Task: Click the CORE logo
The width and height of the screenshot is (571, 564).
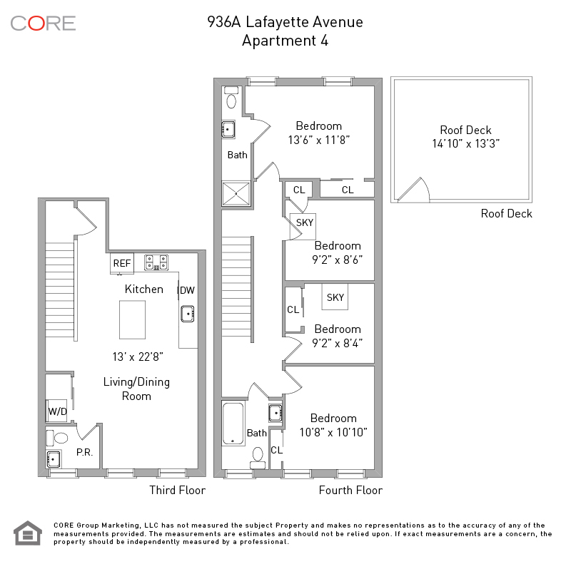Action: point(43,24)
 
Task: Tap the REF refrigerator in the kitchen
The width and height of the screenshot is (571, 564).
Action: point(122,263)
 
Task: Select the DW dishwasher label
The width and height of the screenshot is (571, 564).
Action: point(187,290)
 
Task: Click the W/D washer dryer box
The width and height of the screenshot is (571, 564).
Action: point(57,411)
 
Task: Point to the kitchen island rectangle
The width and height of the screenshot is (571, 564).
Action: point(133,320)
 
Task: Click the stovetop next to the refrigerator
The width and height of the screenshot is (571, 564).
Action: point(156,262)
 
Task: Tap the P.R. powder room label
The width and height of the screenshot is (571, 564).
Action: point(84,452)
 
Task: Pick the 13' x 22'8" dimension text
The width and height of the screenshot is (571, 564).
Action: point(138,357)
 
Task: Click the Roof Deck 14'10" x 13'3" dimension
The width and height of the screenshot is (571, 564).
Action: point(466,143)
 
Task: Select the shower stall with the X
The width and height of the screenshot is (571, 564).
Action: point(236,193)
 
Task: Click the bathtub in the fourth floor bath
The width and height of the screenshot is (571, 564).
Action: point(233,424)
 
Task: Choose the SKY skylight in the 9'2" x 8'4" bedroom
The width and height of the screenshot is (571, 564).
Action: point(335,297)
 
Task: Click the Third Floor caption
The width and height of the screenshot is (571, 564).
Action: point(177,490)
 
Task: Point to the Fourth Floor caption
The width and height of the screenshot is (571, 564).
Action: point(350,490)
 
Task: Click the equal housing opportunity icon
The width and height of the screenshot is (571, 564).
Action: point(28,533)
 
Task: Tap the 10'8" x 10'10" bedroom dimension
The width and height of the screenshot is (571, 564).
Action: point(333,432)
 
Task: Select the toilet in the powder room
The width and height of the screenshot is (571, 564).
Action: point(58,438)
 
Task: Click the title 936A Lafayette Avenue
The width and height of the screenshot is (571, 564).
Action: point(285,22)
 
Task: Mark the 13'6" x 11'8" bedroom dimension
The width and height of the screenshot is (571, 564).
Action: point(319,140)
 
